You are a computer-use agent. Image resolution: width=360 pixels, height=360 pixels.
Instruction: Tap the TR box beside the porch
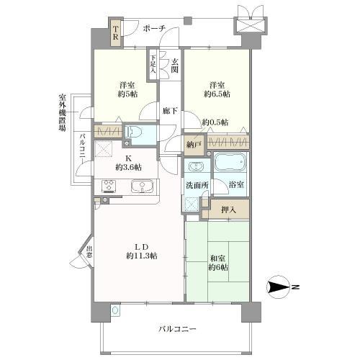click(114, 33)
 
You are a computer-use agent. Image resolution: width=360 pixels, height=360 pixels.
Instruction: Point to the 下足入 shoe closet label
click(153, 65)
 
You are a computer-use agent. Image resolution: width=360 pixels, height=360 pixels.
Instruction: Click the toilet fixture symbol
click(131, 132)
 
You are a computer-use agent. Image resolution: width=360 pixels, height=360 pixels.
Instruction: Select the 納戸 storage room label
click(193, 145)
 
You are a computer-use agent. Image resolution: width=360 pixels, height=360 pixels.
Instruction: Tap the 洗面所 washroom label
click(195, 185)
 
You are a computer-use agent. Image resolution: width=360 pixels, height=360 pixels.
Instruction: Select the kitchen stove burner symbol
click(110, 187)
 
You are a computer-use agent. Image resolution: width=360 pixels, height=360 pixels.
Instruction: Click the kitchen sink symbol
click(143, 187)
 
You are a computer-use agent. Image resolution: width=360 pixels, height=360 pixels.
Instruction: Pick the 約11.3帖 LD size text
click(141, 256)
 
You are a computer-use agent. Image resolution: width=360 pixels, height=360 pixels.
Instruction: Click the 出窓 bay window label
click(89, 253)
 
